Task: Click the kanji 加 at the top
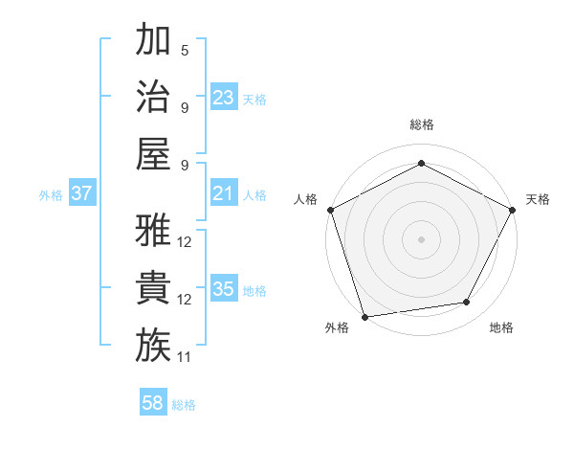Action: (x=153, y=40)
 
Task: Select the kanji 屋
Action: (x=153, y=154)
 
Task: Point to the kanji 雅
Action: (x=153, y=231)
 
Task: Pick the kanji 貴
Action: (x=153, y=288)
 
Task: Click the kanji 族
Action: (x=153, y=346)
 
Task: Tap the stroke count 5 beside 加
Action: (x=184, y=50)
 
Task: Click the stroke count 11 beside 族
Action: (x=184, y=357)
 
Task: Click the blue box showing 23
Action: (x=223, y=98)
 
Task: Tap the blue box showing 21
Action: (x=223, y=194)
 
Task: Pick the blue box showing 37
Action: (x=81, y=194)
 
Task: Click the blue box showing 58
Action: (x=153, y=404)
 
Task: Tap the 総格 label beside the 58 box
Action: (x=184, y=405)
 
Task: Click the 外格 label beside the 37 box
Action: (x=51, y=195)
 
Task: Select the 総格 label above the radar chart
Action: (x=421, y=124)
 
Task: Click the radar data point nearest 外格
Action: (x=364, y=316)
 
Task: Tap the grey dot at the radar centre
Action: (x=421, y=238)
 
